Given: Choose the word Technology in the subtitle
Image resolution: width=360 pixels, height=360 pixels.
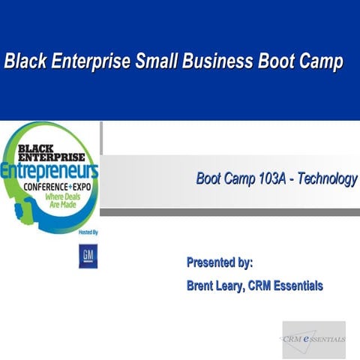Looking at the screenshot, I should tap(327, 179).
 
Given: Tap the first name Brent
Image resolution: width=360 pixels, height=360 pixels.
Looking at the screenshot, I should tap(203, 286).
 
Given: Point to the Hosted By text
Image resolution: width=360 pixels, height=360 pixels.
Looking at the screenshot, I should tap(88, 233).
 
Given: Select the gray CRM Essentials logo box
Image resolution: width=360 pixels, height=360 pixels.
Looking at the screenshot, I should tap(313, 339).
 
